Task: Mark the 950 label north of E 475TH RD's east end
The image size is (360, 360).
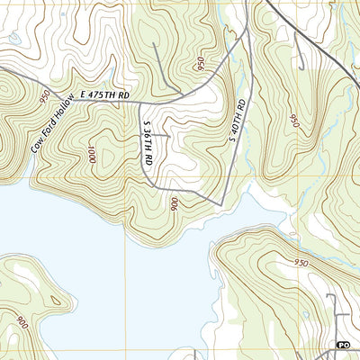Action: click(x=198, y=64)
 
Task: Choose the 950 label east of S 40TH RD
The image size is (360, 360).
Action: click(x=293, y=120)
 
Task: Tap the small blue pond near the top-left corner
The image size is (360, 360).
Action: click(x=15, y=39)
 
